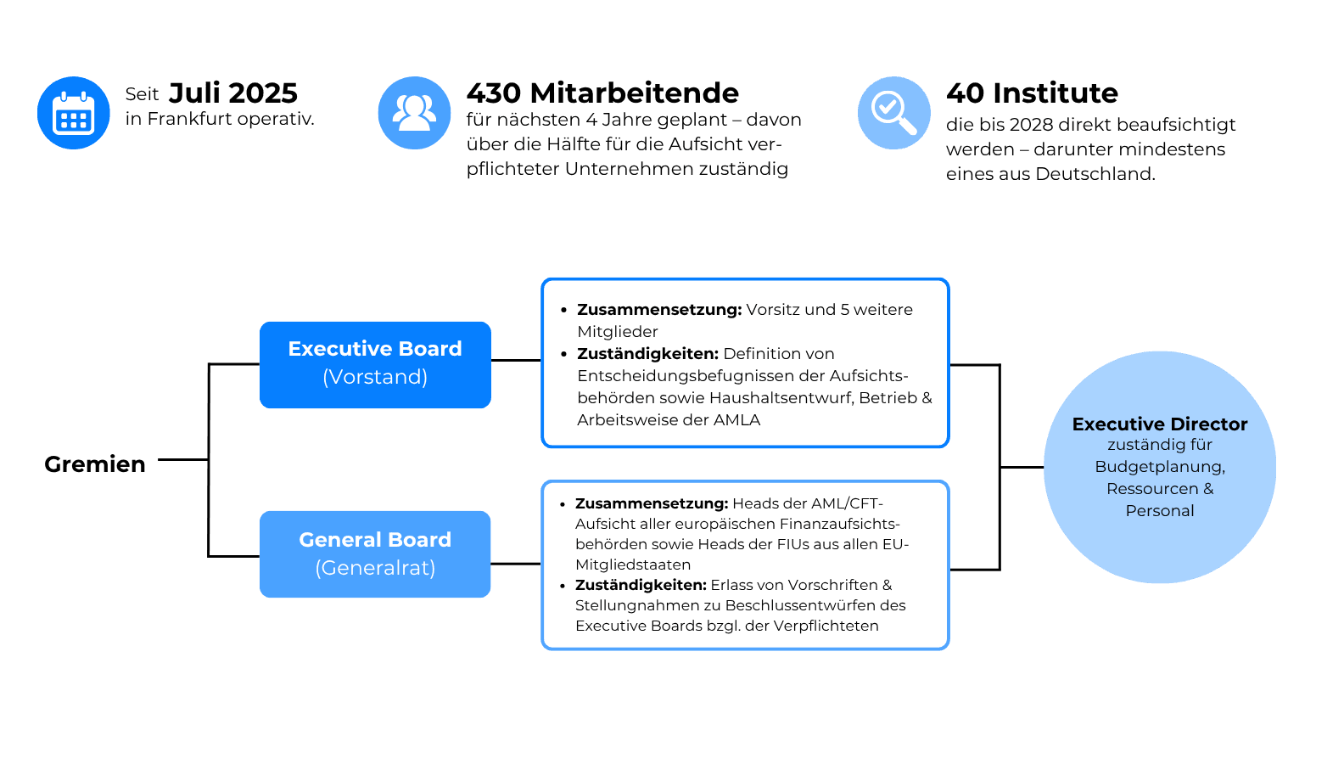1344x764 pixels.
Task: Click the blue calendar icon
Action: [74, 113]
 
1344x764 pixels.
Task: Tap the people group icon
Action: [415, 113]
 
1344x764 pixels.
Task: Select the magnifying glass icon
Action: [894, 113]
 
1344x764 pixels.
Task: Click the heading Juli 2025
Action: [233, 93]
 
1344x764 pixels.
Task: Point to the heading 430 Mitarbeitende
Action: [603, 93]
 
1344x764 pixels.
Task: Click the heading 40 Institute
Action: [1032, 93]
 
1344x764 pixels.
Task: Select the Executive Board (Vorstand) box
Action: [376, 365]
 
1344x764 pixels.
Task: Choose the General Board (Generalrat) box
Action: [376, 554]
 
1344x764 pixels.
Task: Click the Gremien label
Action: [95, 464]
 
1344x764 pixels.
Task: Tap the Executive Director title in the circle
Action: [1160, 424]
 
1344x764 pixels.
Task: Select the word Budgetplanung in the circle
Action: [1160, 467]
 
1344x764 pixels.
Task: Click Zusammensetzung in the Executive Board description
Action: [659, 310]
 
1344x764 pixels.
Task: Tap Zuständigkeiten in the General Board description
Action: [641, 585]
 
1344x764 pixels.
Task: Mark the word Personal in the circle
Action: [1160, 511]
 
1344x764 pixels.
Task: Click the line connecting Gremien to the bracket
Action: [183, 460]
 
